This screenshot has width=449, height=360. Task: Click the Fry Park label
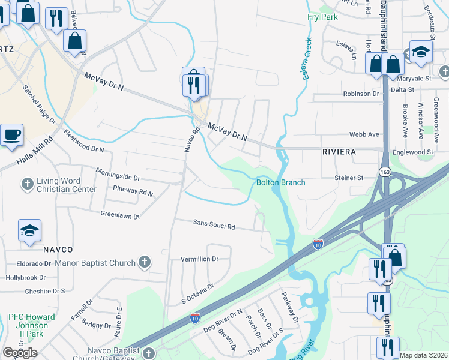tap(322, 17)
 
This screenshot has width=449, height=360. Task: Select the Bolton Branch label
tap(281, 182)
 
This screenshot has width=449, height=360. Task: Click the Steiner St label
tap(349, 178)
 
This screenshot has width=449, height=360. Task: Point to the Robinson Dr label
tap(361, 94)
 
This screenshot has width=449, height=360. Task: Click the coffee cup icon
tap(11, 133)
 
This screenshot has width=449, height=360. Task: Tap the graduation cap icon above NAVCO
tap(29, 230)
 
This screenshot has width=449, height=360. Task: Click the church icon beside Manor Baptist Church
tap(143, 262)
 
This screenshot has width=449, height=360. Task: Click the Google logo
tap(20, 353)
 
